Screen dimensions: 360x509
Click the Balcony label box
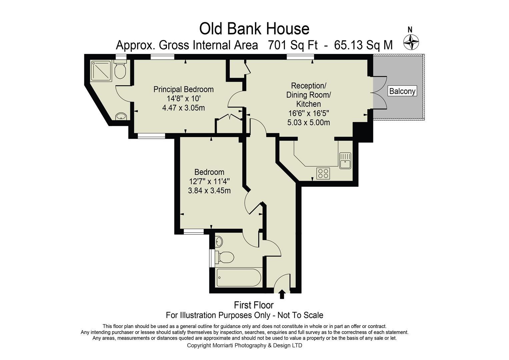(x=402, y=91)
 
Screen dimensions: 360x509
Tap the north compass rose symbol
(x=411, y=42)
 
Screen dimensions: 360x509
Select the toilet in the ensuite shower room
(x=120, y=70)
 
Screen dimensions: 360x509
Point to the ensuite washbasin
(x=121, y=116)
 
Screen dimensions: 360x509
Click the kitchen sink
(x=345, y=160)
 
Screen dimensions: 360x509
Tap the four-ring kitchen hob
(x=323, y=173)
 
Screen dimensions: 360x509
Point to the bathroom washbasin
(x=219, y=241)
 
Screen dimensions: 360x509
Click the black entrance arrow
(x=282, y=294)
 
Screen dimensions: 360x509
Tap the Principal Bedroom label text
(x=183, y=89)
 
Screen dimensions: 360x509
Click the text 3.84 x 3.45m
(x=209, y=191)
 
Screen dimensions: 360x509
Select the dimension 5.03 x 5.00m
(x=308, y=122)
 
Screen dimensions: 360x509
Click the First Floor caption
(x=254, y=305)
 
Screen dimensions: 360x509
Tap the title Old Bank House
(x=254, y=29)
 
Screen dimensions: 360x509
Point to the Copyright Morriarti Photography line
(x=244, y=345)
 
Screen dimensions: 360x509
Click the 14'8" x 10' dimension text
(x=183, y=99)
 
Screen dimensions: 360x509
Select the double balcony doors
(x=379, y=92)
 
